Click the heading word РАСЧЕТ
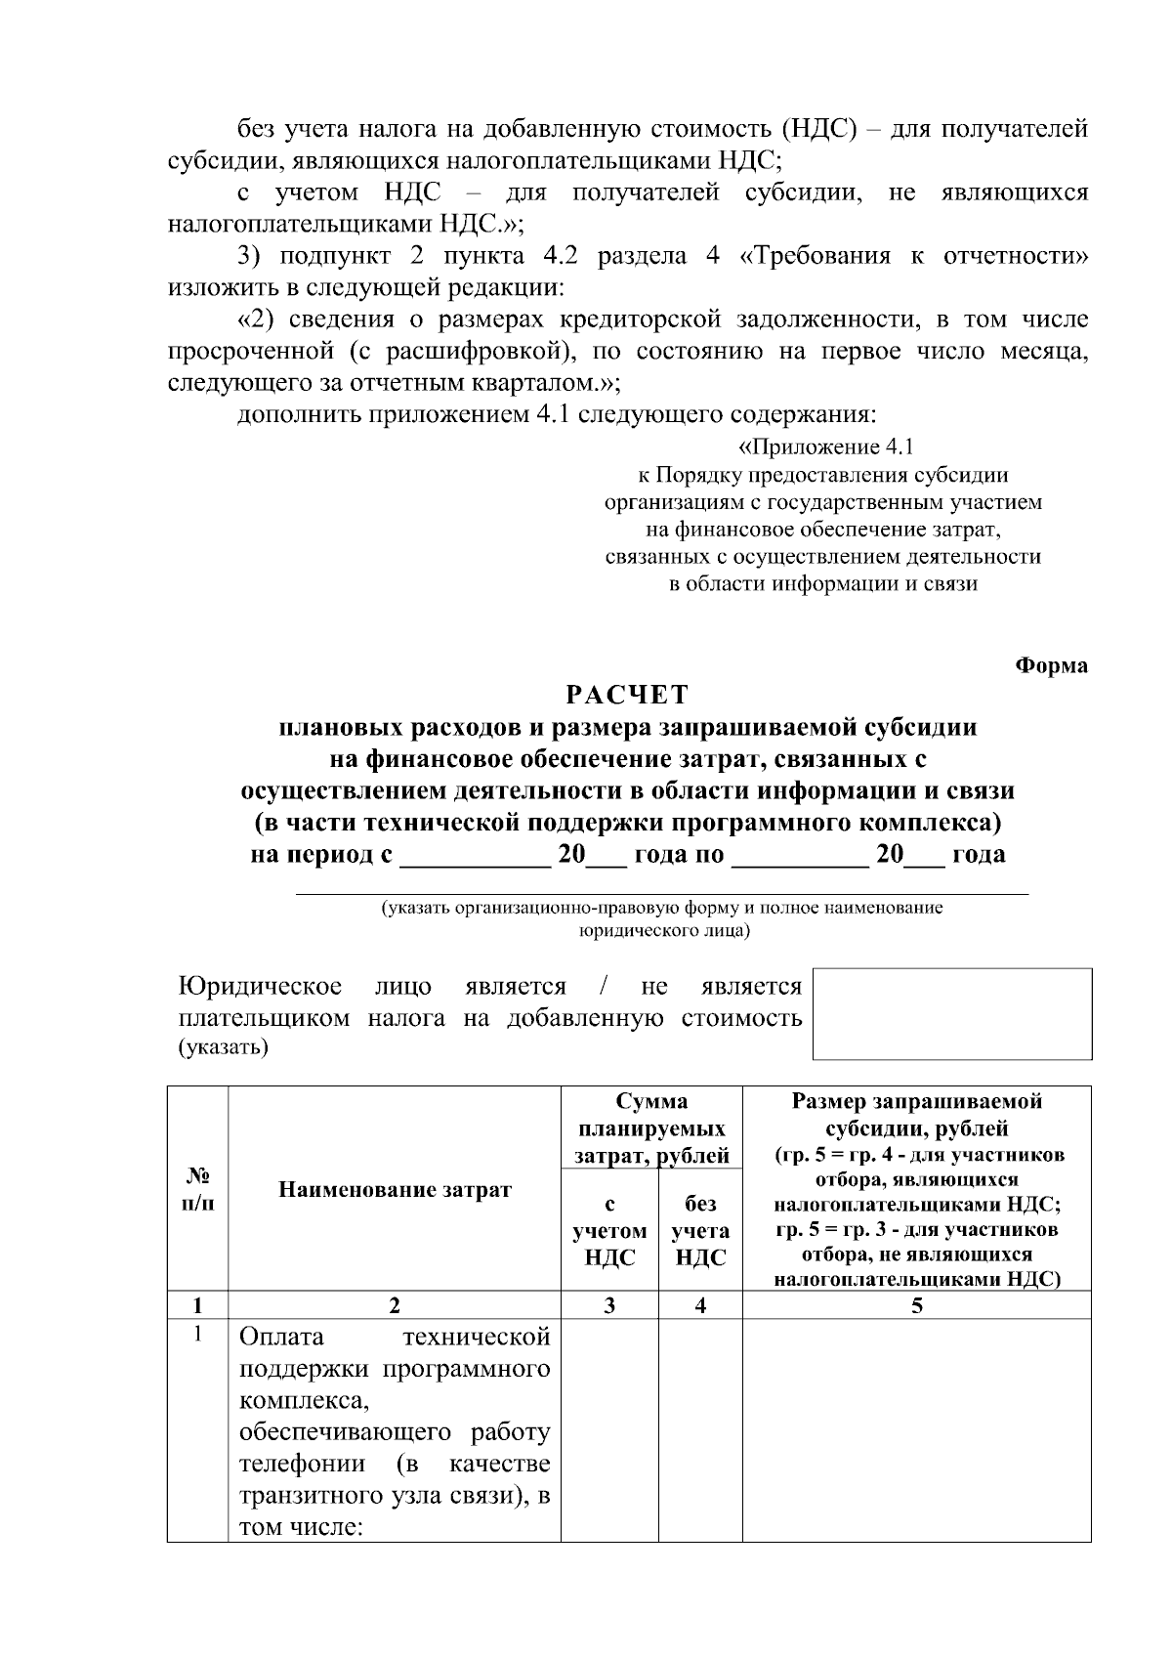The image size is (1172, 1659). pyautogui.click(x=627, y=695)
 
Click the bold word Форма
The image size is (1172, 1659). pyautogui.click(x=1052, y=665)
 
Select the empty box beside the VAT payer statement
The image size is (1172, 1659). pyautogui.click(x=952, y=1013)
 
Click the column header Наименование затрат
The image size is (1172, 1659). pyautogui.click(x=395, y=1189)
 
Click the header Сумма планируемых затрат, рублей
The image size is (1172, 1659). pyautogui.click(x=651, y=1128)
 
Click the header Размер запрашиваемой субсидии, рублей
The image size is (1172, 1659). pyautogui.click(x=916, y=1115)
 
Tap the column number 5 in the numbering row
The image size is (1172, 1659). pyautogui.click(x=916, y=1305)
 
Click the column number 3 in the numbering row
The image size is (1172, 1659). pyautogui.click(x=609, y=1305)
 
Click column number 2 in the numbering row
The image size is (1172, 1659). pyautogui.click(x=395, y=1305)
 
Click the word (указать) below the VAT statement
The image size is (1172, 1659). pyautogui.click(x=223, y=1048)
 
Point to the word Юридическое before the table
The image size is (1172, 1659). pyautogui.click(x=261, y=987)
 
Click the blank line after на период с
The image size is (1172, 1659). pyautogui.click(x=476, y=857)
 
